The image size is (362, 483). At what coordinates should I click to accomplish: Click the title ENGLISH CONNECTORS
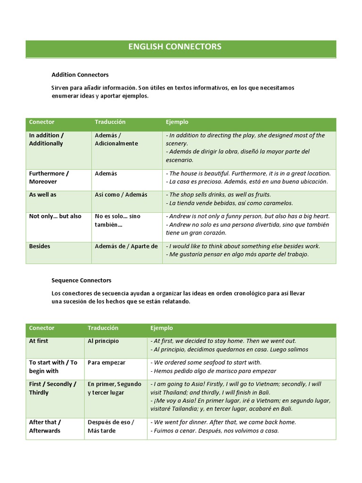[x=175, y=47]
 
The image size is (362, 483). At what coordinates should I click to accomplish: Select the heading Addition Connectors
[x=80, y=75]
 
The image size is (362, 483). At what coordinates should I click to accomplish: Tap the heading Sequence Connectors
[x=81, y=280]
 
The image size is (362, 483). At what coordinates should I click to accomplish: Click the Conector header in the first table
[x=41, y=122]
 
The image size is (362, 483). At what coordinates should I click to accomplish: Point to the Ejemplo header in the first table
[x=177, y=122]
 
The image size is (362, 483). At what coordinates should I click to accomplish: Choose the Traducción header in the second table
[x=103, y=328]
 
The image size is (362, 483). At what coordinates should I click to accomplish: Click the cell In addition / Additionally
[x=47, y=139]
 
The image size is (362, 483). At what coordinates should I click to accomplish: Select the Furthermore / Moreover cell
[x=49, y=177]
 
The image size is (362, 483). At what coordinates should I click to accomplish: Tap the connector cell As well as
[x=42, y=194]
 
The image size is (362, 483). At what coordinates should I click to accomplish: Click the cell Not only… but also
[x=55, y=216]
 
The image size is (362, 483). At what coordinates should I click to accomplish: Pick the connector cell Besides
[x=40, y=246]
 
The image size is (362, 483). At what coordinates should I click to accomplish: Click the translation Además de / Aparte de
[x=126, y=246]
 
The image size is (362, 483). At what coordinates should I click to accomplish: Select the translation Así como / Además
[x=121, y=194]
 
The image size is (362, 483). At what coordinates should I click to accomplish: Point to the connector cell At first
[x=39, y=341]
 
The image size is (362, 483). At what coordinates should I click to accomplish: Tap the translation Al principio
[x=103, y=341]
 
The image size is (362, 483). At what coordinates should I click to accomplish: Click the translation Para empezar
[x=106, y=362]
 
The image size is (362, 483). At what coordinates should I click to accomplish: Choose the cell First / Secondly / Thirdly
[x=52, y=388]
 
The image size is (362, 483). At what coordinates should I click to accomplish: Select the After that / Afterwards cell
[x=45, y=426]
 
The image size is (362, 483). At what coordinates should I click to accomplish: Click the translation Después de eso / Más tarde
[x=111, y=426]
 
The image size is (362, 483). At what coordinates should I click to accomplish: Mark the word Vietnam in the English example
[x=265, y=384]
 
